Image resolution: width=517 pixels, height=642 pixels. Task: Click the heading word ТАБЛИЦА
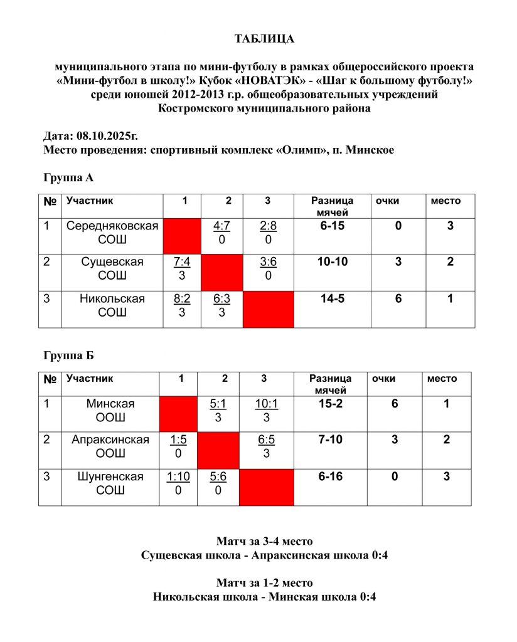(264, 39)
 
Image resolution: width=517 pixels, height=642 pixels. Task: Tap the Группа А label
(68, 178)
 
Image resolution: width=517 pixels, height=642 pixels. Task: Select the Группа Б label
(68, 356)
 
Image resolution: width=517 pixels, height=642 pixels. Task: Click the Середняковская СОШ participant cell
(112, 232)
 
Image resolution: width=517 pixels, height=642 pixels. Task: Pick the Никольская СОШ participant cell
(112, 305)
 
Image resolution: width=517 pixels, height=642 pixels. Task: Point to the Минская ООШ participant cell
(110, 411)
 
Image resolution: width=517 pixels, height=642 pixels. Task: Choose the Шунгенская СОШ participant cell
(110, 483)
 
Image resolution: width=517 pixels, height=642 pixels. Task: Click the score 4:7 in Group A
(222, 226)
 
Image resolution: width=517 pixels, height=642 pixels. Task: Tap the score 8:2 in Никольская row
(182, 299)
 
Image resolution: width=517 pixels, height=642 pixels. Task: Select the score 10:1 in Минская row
(266, 404)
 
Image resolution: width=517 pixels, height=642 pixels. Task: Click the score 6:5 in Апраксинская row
(266, 440)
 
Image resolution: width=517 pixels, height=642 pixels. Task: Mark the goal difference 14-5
(332, 299)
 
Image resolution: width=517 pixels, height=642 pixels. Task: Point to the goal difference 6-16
(330, 476)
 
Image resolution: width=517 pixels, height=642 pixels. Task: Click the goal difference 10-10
(332, 262)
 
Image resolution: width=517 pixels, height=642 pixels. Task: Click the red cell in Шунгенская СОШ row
(267, 488)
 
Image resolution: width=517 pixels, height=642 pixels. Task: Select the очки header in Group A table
(387, 201)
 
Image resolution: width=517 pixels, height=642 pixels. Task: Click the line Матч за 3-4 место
(264, 541)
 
